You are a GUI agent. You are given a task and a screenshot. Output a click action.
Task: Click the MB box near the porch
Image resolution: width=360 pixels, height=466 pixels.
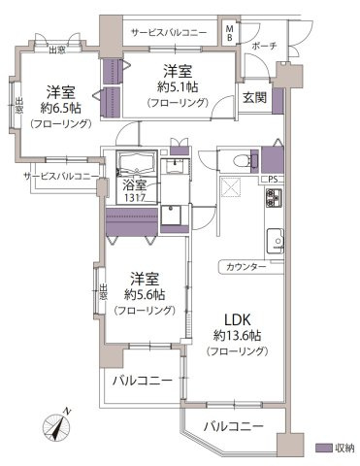click(229, 34)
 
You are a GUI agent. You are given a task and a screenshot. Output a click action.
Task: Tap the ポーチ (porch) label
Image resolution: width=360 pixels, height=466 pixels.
click(264, 46)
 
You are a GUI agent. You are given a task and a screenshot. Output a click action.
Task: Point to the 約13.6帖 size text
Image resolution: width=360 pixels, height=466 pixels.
click(238, 336)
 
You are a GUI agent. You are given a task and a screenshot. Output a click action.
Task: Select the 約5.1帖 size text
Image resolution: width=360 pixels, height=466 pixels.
click(176, 87)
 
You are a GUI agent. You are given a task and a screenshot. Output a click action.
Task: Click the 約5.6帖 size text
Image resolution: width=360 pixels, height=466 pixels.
click(143, 293)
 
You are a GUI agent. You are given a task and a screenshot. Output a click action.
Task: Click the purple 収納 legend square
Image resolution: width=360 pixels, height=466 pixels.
click(322, 448)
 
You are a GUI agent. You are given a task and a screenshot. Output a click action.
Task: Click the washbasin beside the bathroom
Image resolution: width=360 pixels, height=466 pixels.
click(175, 166)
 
